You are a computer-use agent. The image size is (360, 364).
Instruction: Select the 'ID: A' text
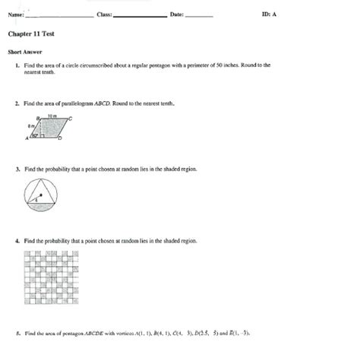(x=269, y=15)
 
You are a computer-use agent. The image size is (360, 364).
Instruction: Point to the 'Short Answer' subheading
(x=25, y=52)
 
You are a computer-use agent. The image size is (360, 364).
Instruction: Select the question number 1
(x=16, y=66)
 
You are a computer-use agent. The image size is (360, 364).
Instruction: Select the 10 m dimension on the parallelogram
(x=52, y=115)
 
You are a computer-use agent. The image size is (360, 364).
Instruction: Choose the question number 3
(x=16, y=169)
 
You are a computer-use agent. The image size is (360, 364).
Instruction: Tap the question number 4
(x=16, y=241)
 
